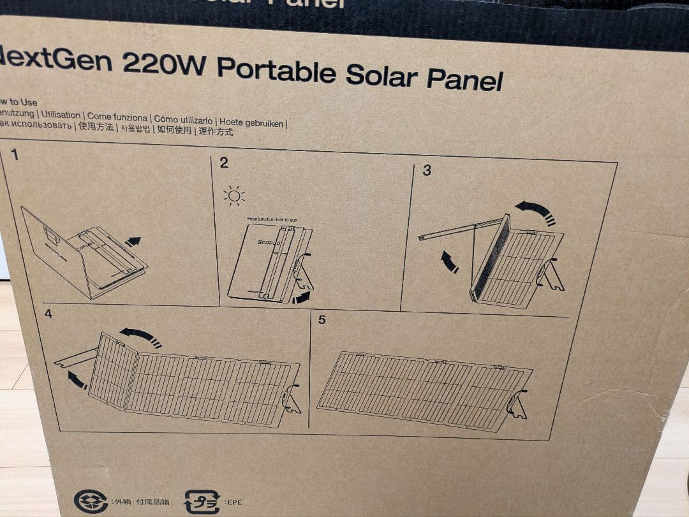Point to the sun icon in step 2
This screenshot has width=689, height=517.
tap(234, 195)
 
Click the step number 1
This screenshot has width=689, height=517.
tap(15, 155)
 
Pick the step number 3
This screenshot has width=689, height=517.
tap(427, 170)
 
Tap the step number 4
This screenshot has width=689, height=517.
tap(48, 314)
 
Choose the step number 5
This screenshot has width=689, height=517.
tap(322, 319)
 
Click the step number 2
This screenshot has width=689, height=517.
tap(223, 163)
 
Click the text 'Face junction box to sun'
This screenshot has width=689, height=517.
tap(272, 219)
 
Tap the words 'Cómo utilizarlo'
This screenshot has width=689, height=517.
tap(184, 120)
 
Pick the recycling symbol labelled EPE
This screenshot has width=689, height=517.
tap(202, 502)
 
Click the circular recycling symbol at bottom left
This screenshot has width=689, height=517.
tap(91, 501)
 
